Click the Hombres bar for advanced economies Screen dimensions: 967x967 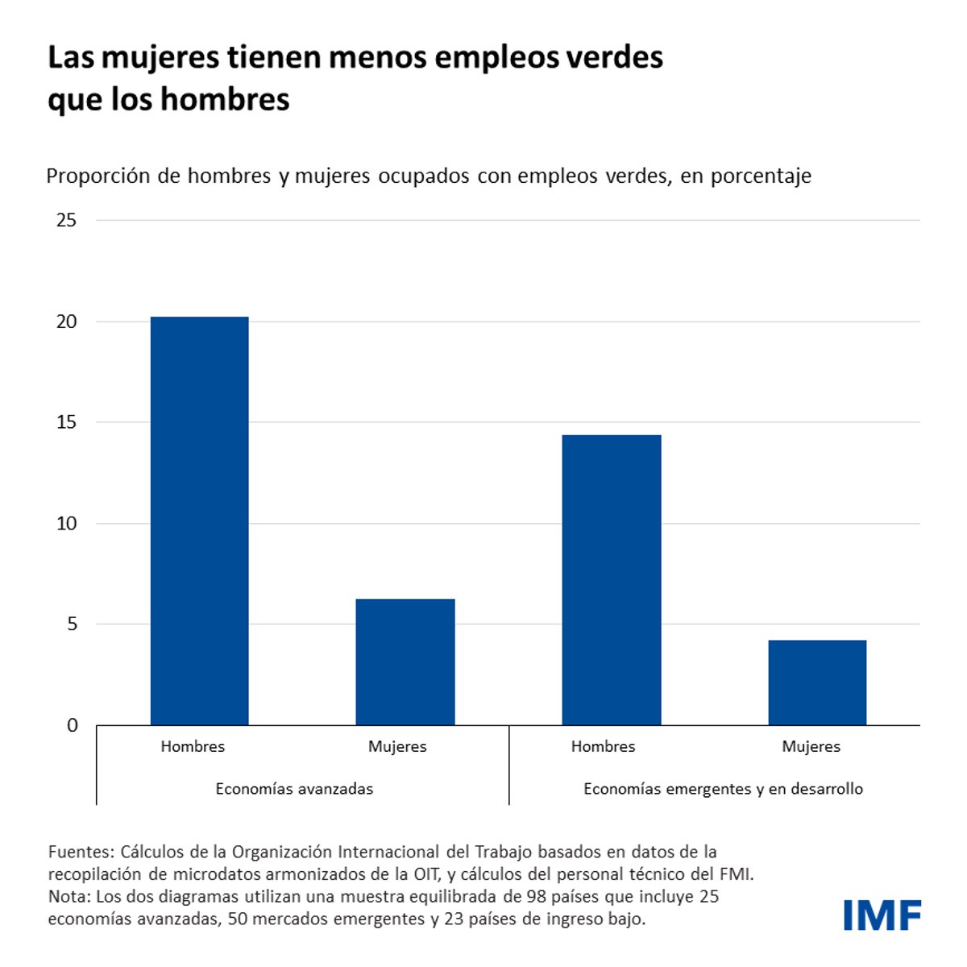click(x=199, y=521)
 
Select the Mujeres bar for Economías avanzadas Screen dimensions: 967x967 click(x=405, y=662)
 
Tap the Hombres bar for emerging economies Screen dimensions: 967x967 click(x=612, y=579)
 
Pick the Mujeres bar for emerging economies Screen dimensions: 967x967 click(x=817, y=683)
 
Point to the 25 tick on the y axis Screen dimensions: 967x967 click(x=67, y=220)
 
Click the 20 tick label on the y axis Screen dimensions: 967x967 click(x=67, y=322)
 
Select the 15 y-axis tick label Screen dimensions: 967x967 click(x=67, y=422)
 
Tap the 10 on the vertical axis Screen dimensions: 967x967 click(x=67, y=524)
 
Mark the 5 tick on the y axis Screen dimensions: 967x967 click(x=73, y=625)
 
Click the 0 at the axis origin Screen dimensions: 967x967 click(x=73, y=725)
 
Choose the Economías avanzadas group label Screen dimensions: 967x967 click(x=294, y=789)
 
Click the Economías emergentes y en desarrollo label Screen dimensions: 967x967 click(x=723, y=789)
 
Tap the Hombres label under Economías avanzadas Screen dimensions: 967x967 click(x=193, y=747)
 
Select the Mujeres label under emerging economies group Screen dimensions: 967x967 click(x=811, y=747)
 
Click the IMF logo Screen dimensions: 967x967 click(x=882, y=915)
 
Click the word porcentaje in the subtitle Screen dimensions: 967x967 click(x=761, y=176)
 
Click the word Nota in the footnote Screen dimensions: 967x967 click(x=68, y=897)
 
